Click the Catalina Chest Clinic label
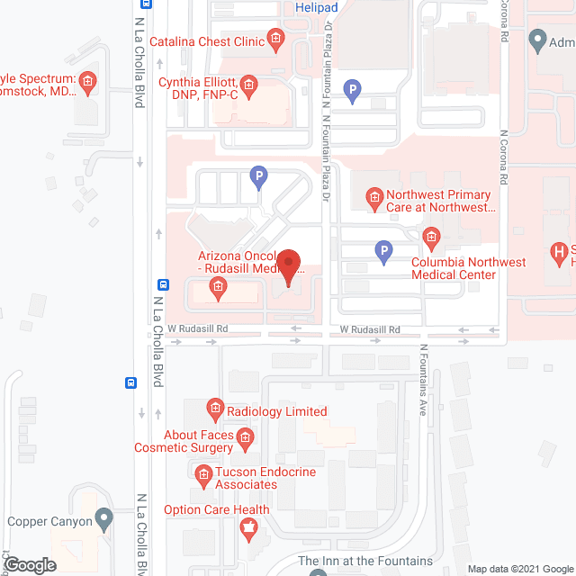(206, 41)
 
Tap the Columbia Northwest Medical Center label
(468, 268)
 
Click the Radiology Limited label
(276, 411)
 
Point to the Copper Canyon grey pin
(105, 519)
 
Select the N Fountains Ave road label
(422, 379)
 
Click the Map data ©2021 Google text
(518, 569)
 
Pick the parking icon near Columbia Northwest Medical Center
(383, 253)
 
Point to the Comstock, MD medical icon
(87, 85)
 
